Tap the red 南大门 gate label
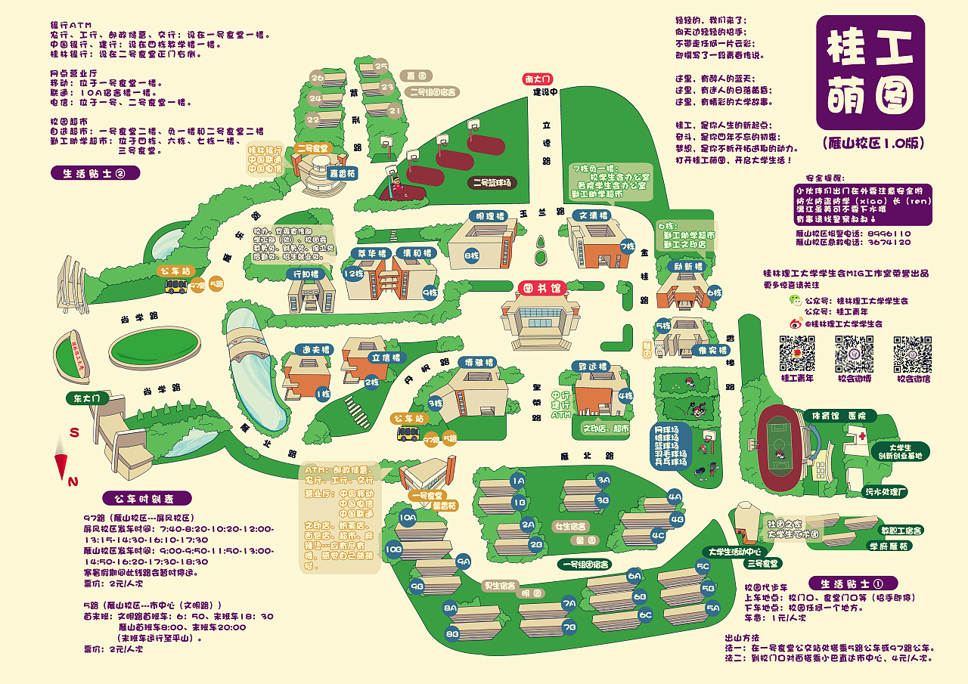click(x=538, y=79)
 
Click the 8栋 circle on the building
click(x=472, y=255)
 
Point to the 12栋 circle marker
click(x=353, y=274)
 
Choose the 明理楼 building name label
click(x=490, y=216)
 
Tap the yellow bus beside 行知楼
click(x=177, y=285)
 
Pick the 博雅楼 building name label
click(x=480, y=363)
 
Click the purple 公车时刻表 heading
click(x=147, y=498)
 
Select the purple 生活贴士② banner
click(x=96, y=173)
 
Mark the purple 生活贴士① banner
click(x=853, y=583)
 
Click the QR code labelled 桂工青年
click(x=797, y=354)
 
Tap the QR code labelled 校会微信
click(x=912, y=354)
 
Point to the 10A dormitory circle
click(x=408, y=518)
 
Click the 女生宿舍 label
click(x=572, y=526)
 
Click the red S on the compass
click(x=75, y=433)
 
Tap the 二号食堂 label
click(x=312, y=149)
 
